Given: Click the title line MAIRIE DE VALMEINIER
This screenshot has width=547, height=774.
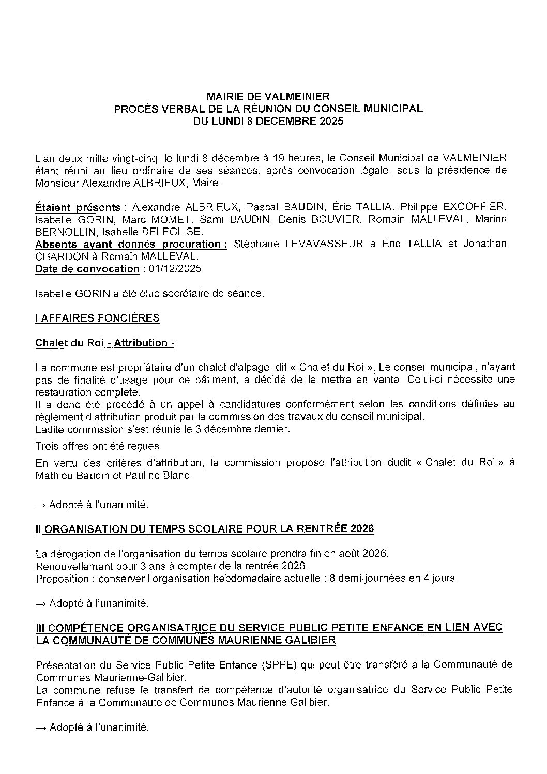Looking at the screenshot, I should coord(268,96).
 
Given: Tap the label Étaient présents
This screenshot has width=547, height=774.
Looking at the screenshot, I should coord(78,207).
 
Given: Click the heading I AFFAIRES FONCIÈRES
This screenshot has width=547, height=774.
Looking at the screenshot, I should coord(97,318).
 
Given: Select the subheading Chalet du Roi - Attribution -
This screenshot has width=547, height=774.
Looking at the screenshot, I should coord(101,343).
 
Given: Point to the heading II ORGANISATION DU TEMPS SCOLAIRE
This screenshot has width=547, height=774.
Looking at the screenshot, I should coord(204,529).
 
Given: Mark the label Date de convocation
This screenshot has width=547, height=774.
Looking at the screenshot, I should coord(87,269).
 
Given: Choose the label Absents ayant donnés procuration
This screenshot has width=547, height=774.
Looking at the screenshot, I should coord(131,244).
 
